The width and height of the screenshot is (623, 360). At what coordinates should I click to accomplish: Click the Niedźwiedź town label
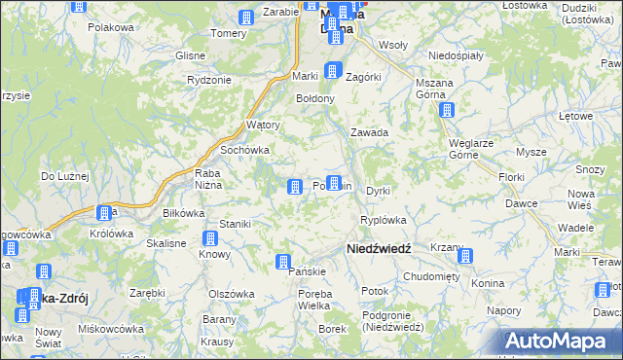pos(379,249)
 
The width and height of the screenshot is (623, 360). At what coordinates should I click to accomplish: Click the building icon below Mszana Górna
pos(446,111)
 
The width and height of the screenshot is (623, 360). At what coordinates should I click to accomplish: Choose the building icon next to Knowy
pos(209,238)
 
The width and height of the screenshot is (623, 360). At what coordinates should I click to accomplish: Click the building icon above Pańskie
pos(282,261)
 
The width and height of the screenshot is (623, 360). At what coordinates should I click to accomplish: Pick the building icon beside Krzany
pos(465,257)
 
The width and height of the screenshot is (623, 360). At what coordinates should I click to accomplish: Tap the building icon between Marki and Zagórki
pos(332,70)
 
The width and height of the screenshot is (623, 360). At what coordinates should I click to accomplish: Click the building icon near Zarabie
pos(245,18)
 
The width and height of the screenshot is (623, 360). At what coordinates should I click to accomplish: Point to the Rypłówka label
pos(383,220)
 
